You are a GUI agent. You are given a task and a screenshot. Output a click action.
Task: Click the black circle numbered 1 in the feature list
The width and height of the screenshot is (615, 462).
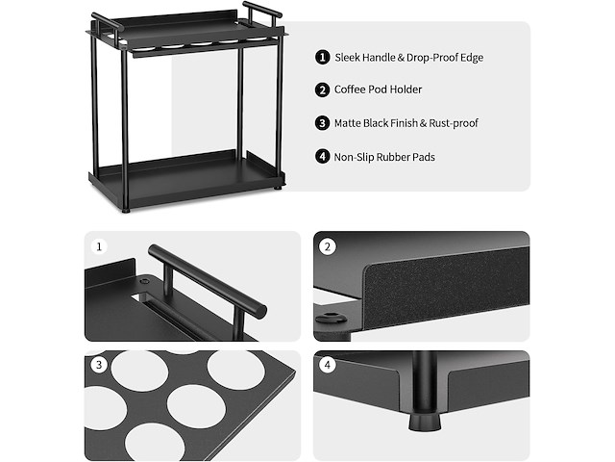pyautogui.click(x=323, y=57)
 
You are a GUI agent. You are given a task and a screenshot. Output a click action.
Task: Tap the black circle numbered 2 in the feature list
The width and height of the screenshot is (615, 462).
pyautogui.click(x=323, y=90)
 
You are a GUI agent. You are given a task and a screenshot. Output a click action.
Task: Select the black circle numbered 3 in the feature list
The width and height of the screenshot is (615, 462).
pyautogui.click(x=323, y=123)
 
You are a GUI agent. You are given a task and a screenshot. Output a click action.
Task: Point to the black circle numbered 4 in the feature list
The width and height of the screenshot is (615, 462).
pyautogui.click(x=323, y=156)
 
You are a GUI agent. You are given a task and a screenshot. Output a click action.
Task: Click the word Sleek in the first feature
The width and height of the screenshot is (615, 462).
pyautogui.click(x=349, y=58)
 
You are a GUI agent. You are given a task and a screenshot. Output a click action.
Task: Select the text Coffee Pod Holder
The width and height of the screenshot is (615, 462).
pyautogui.click(x=378, y=90)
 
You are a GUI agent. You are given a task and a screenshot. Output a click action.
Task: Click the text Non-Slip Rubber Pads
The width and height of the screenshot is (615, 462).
pyautogui.click(x=384, y=156)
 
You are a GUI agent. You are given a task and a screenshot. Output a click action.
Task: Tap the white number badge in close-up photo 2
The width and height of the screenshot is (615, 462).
pyautogui.click(x=328, y=246)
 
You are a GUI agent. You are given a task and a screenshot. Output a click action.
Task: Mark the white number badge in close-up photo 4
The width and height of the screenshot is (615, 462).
pyautogui.click(x=328, y=365)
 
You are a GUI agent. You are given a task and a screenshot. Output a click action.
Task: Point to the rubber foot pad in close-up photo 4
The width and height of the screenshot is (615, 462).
pyautogui.click(x=424, y=421)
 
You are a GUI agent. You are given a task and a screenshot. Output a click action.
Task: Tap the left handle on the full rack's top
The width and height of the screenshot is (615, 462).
pyautogui.click(x=107, y=22)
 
